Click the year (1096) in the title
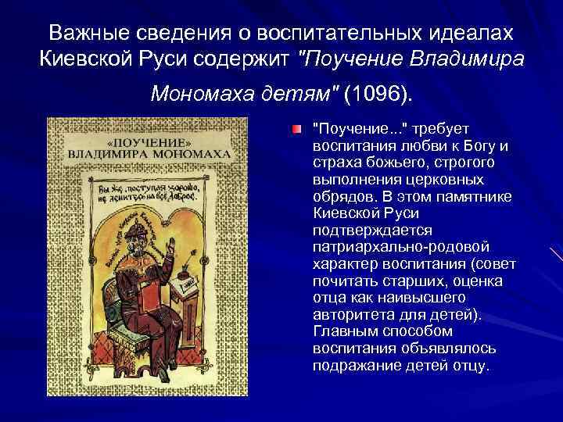coord(381,95)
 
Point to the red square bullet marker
coord(296,127)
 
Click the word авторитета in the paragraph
coord(350,314)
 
